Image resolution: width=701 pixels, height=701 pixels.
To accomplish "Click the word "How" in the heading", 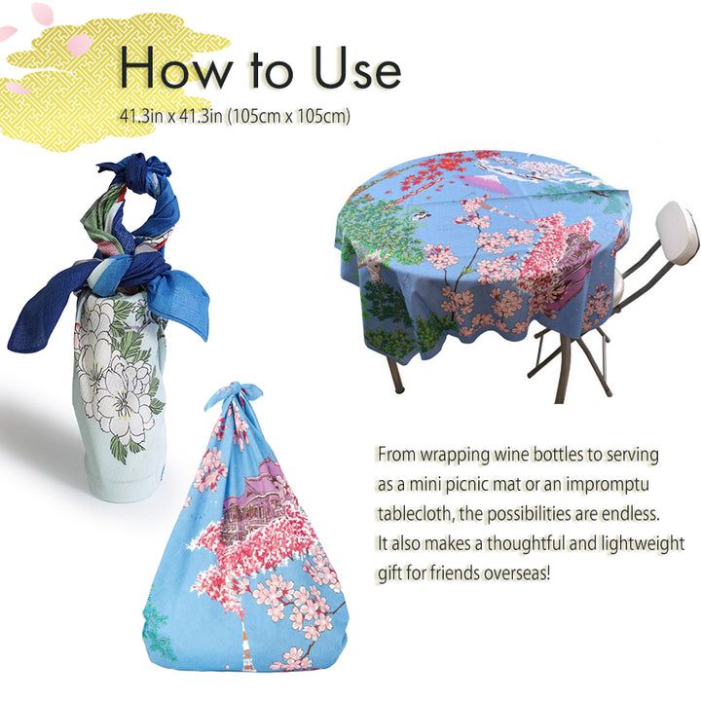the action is tap(176, 67).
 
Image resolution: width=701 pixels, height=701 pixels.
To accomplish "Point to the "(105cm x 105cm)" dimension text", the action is tap(288, 117).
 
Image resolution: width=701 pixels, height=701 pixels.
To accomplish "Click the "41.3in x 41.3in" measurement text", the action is tap(170, 117).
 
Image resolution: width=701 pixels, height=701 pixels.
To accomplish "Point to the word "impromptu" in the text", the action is tap(608, 485).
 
